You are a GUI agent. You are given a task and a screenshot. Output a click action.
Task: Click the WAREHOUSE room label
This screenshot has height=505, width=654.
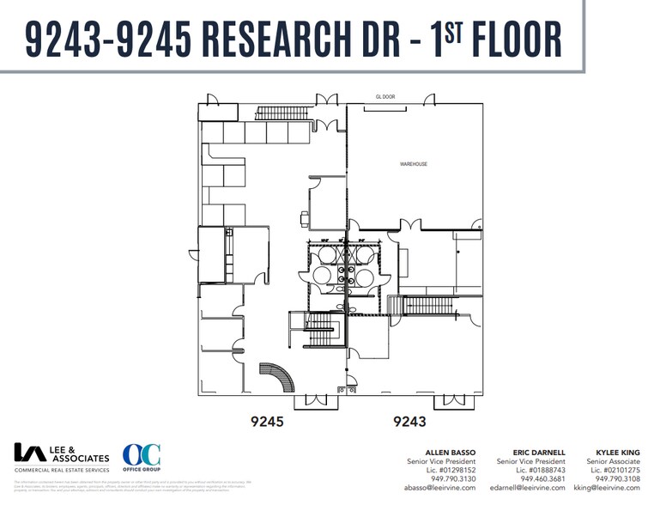coord(413,163)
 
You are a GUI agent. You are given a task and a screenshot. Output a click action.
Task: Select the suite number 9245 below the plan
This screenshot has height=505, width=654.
coord(267,422)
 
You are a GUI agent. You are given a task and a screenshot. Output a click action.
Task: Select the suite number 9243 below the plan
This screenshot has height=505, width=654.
coord(409,422)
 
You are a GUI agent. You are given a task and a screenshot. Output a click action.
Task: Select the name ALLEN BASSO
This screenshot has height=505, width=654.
coord(450,452)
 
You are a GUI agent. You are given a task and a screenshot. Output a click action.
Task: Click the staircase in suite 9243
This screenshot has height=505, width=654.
coord(427,305)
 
